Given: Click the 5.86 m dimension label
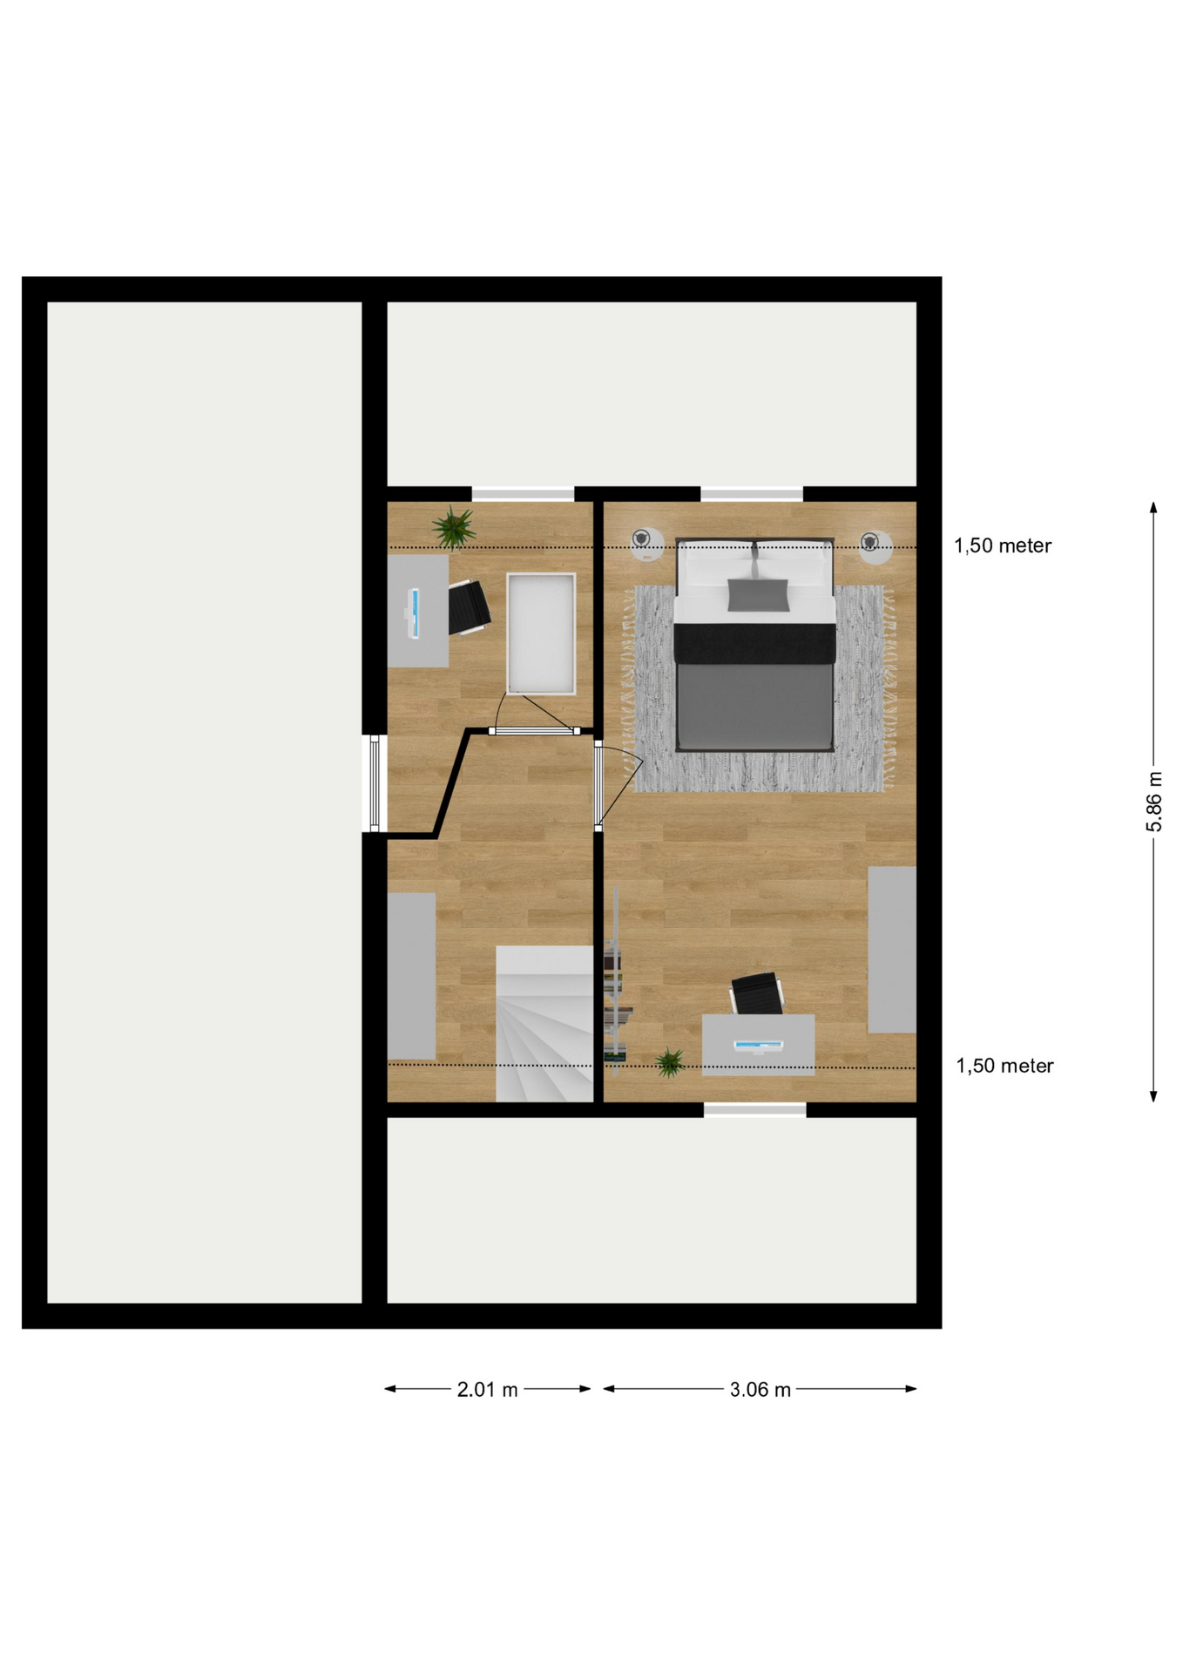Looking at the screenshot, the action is (x=1153, y=801).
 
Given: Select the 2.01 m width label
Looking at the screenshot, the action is (x=487, y=1390).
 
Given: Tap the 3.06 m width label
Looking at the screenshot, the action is (x=760, y=1390).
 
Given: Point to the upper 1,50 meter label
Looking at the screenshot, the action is (x=1003, y=546).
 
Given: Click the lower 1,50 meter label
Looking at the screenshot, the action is (x=1004, y=1066).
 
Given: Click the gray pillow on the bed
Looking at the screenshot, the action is (x=758, y=594).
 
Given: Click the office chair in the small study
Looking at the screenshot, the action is (x=469, y=607).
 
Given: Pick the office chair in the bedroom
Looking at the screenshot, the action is (x=756, y=994).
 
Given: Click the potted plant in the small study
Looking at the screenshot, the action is (x=454, y=527).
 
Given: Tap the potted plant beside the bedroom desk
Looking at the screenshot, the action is (x=669, y=1062).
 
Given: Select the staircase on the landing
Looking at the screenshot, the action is (x=544, y=1024).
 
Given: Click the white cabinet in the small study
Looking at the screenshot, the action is (x=541, y=633).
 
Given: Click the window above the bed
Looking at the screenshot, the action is (x=752, y=494).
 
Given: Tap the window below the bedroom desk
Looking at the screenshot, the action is (x=754, y=1110).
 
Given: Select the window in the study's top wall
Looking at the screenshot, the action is (x=523, y=494).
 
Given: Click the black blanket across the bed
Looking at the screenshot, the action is (x=755, y=643).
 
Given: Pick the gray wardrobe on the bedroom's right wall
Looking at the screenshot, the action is (x=892, y=950).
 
